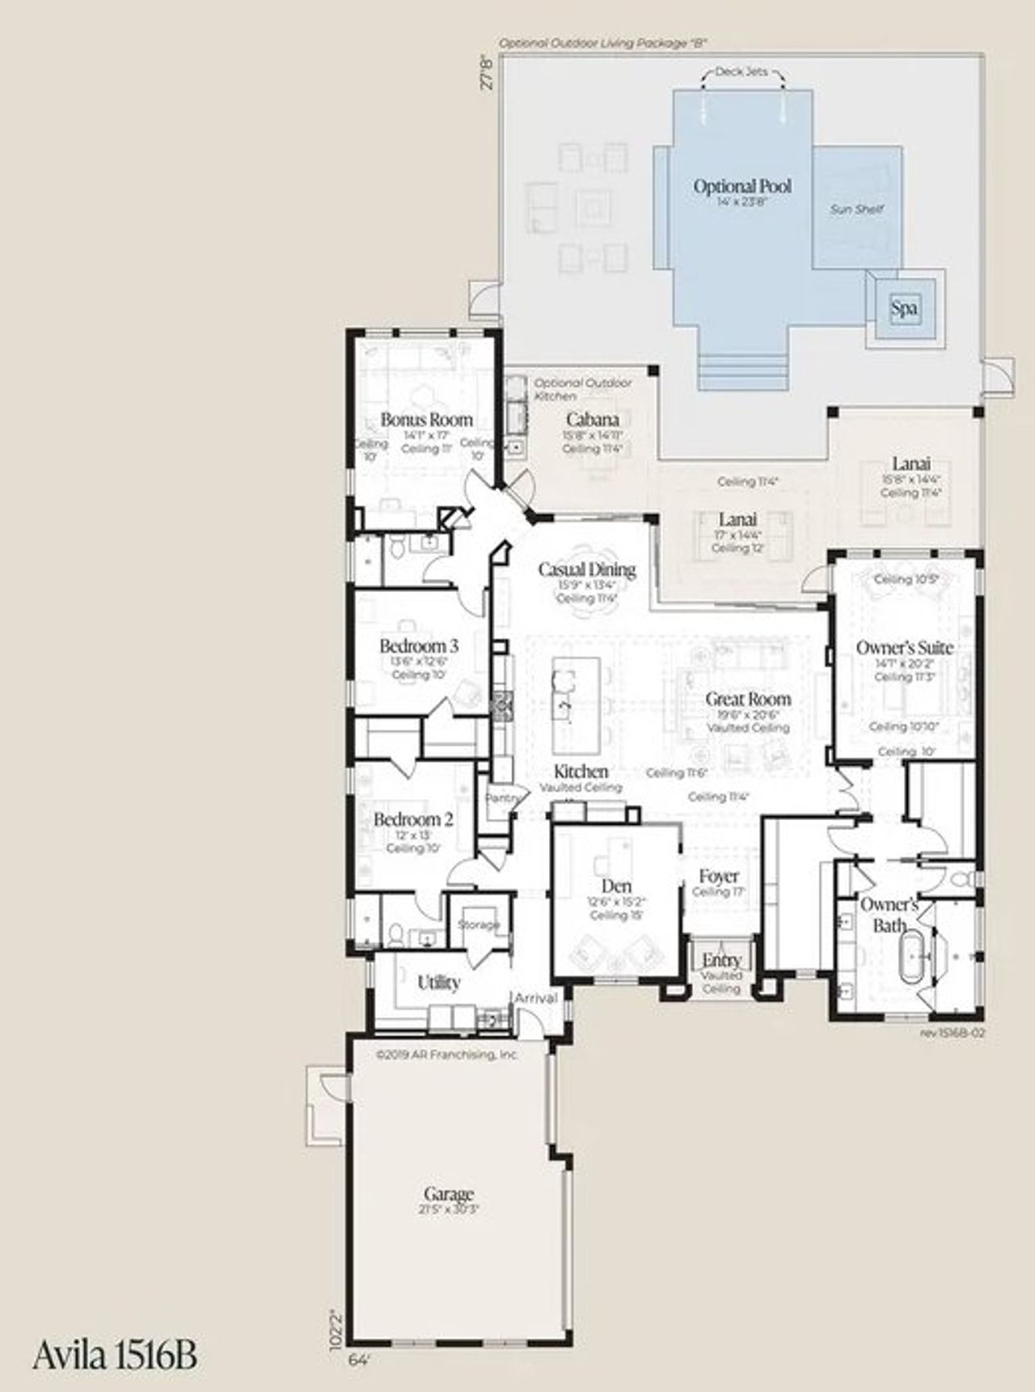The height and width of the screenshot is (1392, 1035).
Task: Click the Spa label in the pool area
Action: pyautogui.click(x=903, y=308)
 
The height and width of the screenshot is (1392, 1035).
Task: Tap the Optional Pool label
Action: pyautogui.click(x=742, y=187)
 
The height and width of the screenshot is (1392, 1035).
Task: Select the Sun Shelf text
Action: pyautogui.click(x=857, y=209)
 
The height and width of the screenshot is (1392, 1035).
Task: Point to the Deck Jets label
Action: pyautogui.click(x=741, y=72)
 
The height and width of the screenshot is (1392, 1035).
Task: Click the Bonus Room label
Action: pyautogui.click(x=426, y=420)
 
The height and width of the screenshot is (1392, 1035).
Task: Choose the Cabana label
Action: pyautogui.click(x=593, y=419)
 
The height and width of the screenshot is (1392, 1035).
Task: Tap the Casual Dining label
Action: pyautogui.click(x=587, y=569)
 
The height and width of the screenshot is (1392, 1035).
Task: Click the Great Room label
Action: pyautogui.click(x=748, y=699)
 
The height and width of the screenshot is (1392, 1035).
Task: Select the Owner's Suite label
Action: pyautogui.click(x=904, y=648)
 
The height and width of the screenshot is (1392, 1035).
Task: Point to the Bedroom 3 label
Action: pyautogui.click(x=419, y=646)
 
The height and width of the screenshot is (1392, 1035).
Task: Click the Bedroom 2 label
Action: pyautogui.click(x=412, y=819)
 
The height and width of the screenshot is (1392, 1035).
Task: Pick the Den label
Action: pyautogui.click(x=616, y=886)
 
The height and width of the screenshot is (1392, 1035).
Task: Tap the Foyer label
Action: pyautogui.click(x=719, y=876)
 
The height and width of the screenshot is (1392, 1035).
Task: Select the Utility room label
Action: pyautogui.click(x=438, y=983)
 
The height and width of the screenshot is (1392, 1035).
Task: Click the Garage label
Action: pyautogui.click(x=449, y=1195)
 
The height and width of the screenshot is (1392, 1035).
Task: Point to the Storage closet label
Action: pyautogui.click(x=479, y=924)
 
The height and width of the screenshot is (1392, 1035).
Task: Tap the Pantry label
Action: pyautogui.click(x=503, y=798)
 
